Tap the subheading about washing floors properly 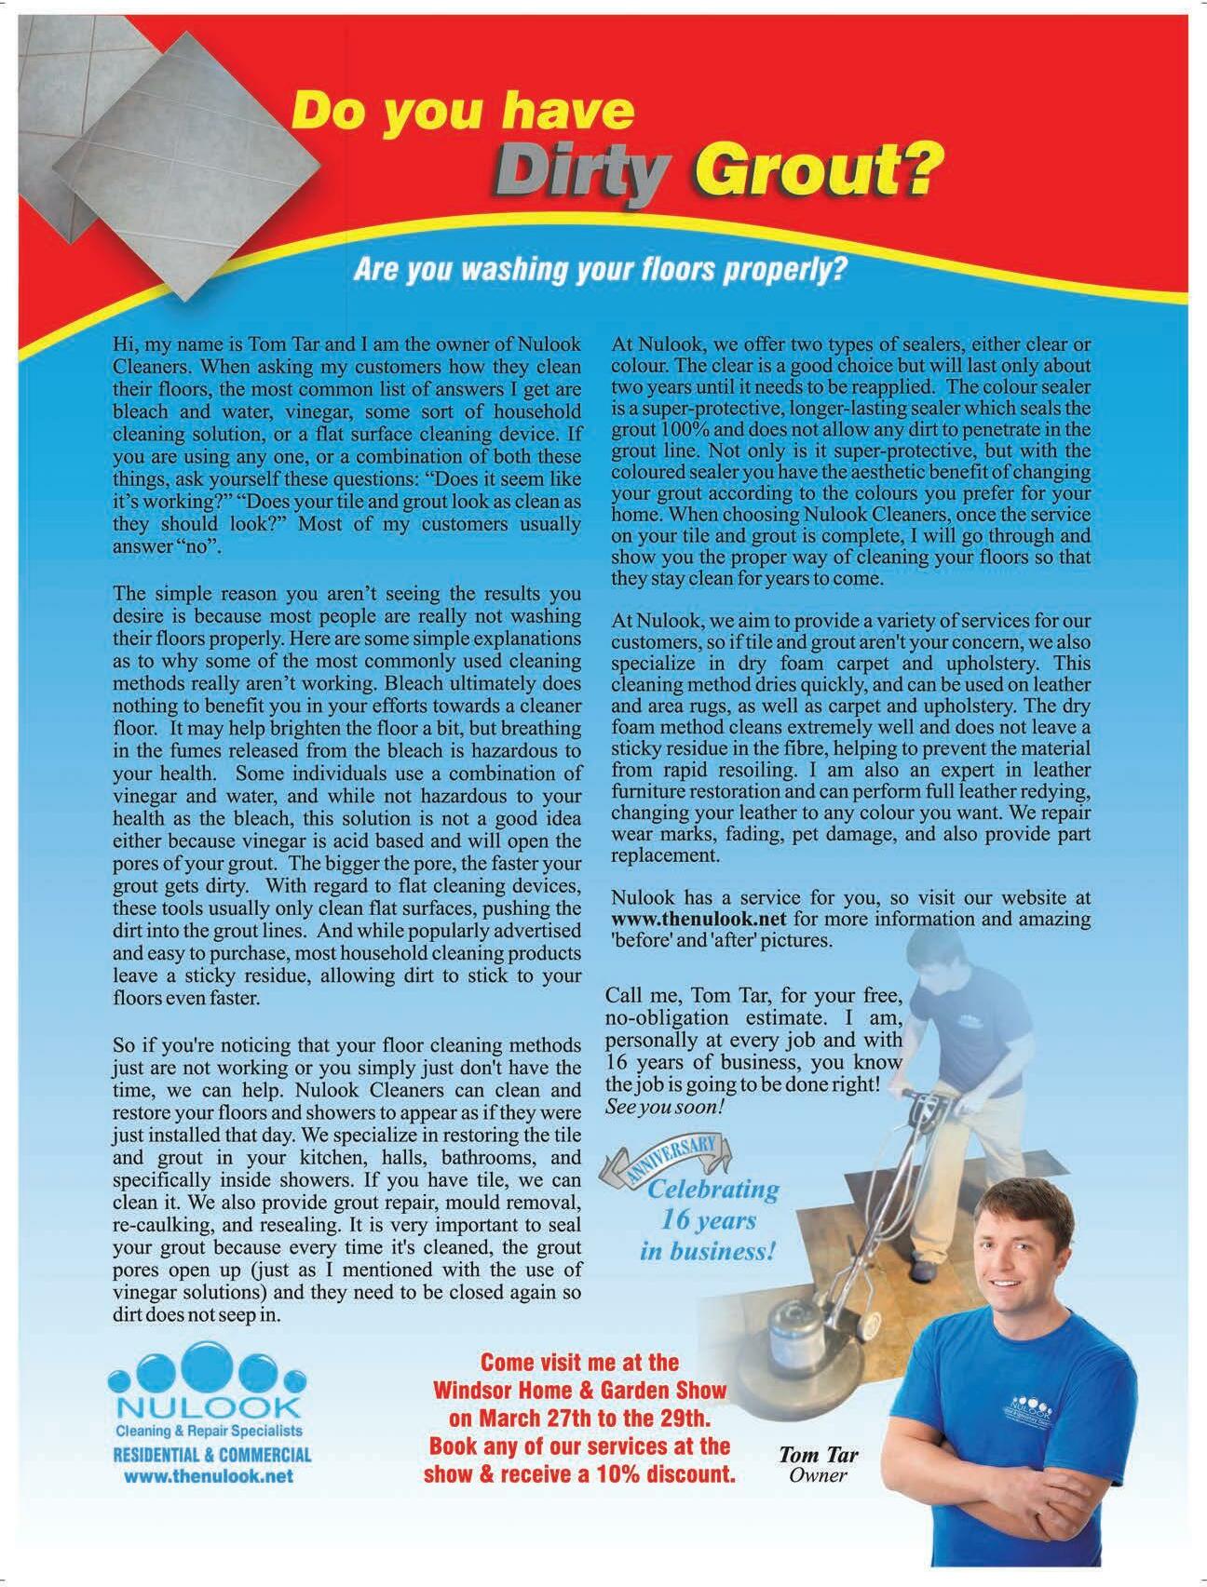pos(599,271)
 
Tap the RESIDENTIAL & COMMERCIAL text pos(211,1455)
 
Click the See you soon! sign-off pos(663,1109)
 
